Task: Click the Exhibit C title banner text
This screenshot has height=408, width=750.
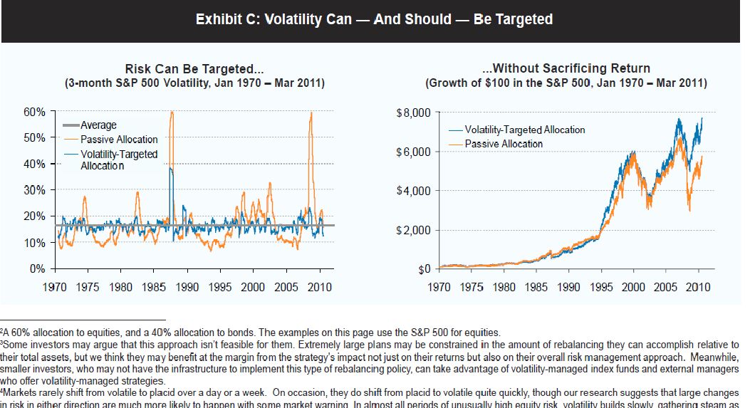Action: pos(374,19)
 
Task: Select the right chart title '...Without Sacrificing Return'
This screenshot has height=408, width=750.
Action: pos(566,69)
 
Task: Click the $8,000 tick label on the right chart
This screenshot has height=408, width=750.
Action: pos(414,113)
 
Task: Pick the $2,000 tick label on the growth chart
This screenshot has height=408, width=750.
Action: pos(414,230)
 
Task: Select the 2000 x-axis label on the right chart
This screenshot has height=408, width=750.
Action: pos(634,287)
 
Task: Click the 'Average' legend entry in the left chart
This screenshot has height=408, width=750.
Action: pos(98,125)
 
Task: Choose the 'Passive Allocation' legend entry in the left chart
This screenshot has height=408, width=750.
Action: pos(118,140)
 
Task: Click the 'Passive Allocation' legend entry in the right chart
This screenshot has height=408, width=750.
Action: pos(504,144)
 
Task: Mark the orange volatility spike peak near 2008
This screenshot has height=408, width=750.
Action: pos(311,113)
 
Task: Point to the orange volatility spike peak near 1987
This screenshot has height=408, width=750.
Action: pos(172,113)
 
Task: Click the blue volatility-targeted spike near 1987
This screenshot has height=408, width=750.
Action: pos(170,169)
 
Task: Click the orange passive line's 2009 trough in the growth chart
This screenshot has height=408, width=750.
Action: pos(689,210)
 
